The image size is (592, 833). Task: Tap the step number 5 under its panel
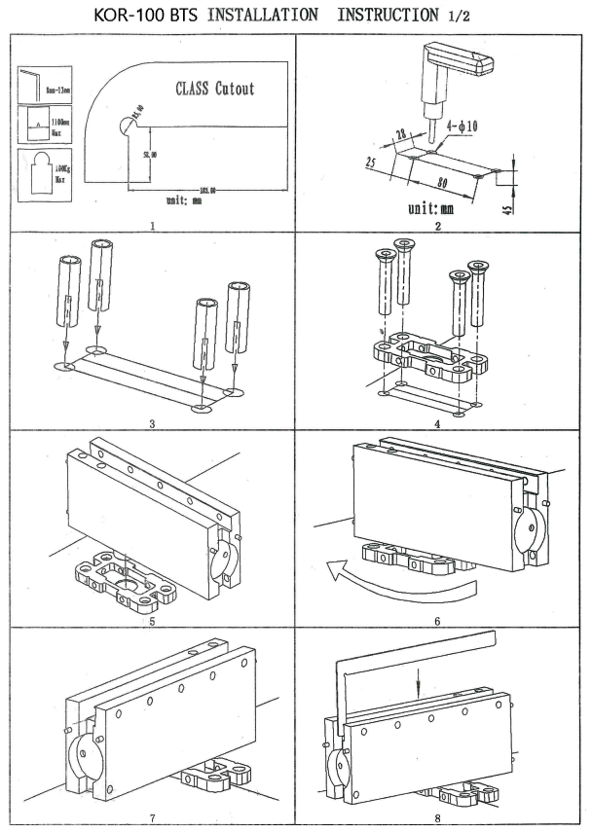153,619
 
